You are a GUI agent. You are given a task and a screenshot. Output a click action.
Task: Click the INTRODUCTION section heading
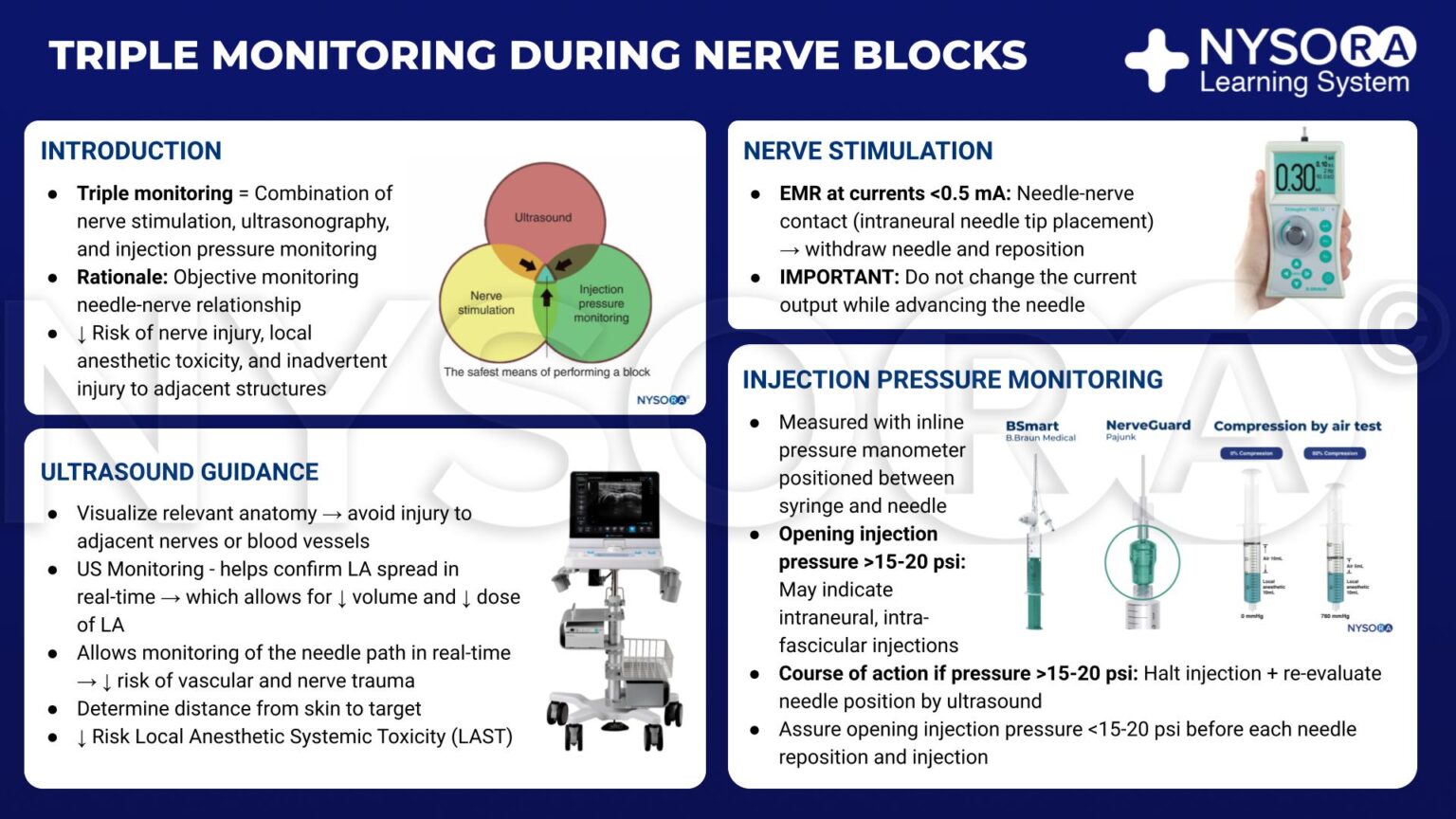click(131, 151)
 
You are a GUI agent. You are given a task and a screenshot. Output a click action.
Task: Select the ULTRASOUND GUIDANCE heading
click(179, 472)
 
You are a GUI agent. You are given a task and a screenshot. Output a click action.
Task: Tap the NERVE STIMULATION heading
click(867, 151)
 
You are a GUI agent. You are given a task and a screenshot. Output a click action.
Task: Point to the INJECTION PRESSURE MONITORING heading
click(952, 380)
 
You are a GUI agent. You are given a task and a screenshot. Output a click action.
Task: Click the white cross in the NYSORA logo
click(1156, 60)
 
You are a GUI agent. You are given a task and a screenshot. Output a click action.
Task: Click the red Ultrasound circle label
click(543, 217)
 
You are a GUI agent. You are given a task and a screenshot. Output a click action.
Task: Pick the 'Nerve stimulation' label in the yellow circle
click(486, 302)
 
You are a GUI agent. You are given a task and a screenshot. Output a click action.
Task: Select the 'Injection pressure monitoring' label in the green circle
click(601, 303)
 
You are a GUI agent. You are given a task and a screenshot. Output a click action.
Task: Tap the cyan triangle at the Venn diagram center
click(546, 275)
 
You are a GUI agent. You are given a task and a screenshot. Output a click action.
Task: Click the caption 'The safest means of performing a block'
click(547, 372)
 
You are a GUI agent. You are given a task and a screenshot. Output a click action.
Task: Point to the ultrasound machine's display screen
click(614, 503)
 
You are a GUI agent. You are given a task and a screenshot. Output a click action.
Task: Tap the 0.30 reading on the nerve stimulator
click(1295, 176)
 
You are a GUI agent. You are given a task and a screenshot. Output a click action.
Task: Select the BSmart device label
click(1032, 427)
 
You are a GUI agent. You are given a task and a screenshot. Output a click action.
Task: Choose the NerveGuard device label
click(1148, 426)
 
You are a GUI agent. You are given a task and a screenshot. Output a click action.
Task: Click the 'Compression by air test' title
click(1297, 427)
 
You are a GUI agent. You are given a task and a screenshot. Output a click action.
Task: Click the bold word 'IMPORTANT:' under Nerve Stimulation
click(839, 278)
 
